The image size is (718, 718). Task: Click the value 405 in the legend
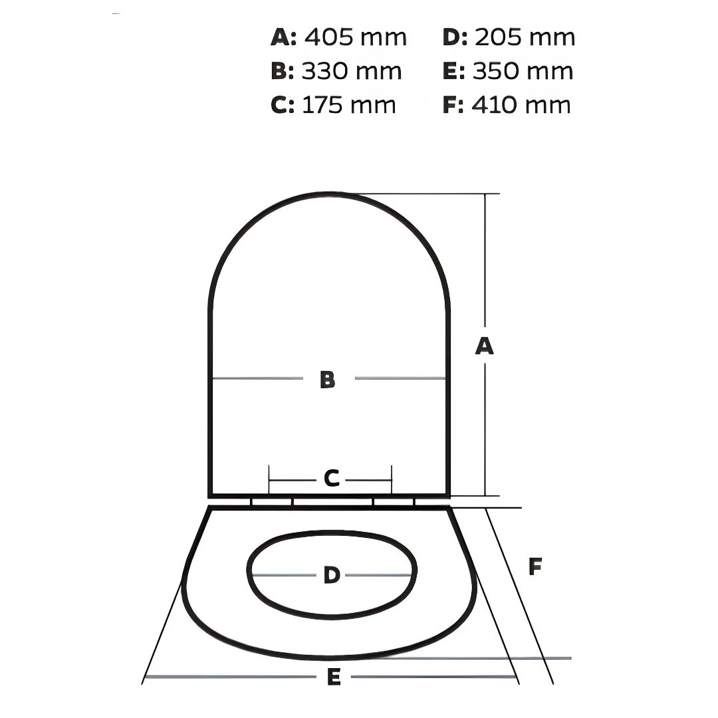point(329,37)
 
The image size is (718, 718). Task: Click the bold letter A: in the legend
point(284,37)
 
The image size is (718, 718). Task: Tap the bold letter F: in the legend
point(453,105)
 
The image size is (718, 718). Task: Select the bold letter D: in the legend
point(455,37)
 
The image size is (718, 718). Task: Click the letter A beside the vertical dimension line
point(485,346)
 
